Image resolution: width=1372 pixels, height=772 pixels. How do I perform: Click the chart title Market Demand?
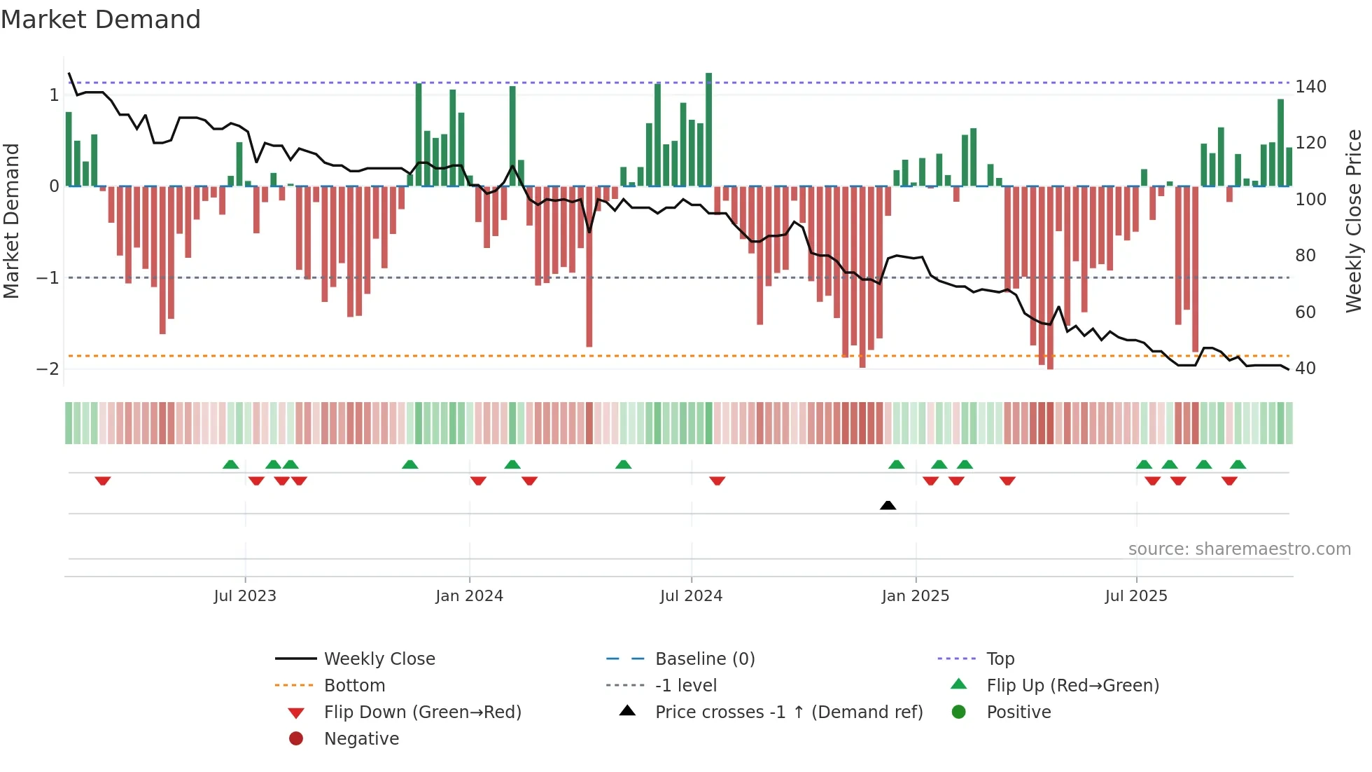[101, 20]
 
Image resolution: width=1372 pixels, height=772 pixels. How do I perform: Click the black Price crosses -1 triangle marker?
[888, 505]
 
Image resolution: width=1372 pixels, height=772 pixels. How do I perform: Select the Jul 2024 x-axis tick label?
[691, 596]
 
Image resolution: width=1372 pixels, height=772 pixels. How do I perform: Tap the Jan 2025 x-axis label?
[915, 596]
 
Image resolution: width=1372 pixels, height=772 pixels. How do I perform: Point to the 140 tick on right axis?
[1310, 87]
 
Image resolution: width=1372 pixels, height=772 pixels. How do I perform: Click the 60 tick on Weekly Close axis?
[1305, 312]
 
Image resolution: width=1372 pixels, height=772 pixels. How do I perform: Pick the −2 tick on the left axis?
[48, 369]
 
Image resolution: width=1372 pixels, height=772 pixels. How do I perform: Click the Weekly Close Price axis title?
[1354, 221]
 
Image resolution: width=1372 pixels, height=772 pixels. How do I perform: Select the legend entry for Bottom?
[354, 685]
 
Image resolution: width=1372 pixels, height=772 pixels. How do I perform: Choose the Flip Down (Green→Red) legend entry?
[422, 712]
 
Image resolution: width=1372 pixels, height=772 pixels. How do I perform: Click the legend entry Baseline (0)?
[704, 659]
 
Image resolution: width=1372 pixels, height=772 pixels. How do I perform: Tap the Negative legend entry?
[361, 738]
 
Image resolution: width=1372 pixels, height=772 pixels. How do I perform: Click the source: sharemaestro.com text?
[1239, 549]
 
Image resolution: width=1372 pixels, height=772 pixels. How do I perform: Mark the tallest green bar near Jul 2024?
[708, 130]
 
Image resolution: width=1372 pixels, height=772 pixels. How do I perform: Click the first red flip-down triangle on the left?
[103, 481]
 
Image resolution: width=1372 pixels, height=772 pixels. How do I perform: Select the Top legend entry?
[1000, 659]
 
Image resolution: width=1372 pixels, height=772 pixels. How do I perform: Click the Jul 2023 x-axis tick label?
[245, 596]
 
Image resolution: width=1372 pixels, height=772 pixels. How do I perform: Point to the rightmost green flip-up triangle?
[1238, 464]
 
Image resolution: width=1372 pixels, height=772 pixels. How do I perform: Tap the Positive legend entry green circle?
[959, 712]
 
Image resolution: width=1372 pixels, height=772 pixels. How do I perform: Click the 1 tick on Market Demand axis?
[54, 95]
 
